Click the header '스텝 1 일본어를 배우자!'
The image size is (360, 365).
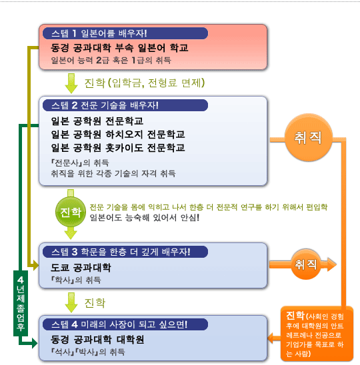tap(99, 33)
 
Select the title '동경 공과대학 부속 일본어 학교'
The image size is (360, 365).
tap(119, 48)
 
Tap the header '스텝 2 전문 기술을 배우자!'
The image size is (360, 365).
tap(105, 105)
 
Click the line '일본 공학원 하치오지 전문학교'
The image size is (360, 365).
tap(118, 135)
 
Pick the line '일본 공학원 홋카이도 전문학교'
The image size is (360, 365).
tap(118, 148)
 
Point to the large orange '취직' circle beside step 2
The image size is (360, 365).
tap(308, 137)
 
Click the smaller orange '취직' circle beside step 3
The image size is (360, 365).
tap(306, 264)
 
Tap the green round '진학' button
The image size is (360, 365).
tap(71, 212)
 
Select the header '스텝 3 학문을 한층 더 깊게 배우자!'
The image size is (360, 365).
tap(121, 252)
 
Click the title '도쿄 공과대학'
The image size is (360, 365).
tap(81, 268)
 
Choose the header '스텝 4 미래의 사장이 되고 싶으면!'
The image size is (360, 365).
tap(119, 324)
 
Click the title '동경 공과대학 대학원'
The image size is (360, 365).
tap(97, 340)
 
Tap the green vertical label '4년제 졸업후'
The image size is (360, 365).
tap(21, 303)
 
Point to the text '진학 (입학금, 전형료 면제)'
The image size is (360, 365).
tap(145, 83)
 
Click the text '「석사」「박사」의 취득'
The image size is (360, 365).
tap(88, 352)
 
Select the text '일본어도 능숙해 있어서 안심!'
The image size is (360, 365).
tap(145, 218)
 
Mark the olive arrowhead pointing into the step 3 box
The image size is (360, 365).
tap(35, 265)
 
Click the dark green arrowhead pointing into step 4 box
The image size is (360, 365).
tap(35, 343)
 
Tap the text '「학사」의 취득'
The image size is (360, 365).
tap(76, 280)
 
